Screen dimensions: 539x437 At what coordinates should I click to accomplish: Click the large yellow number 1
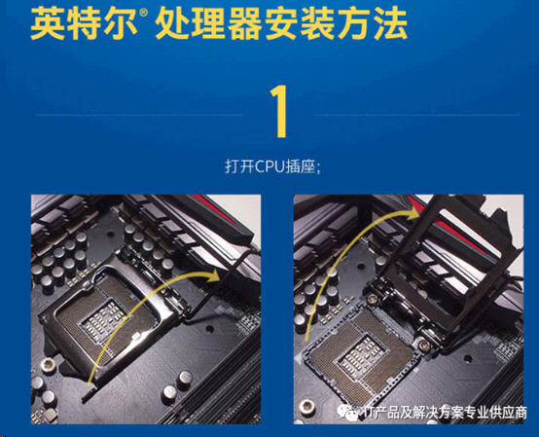[280, 112]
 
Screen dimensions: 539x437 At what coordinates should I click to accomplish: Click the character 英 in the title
[48, 23]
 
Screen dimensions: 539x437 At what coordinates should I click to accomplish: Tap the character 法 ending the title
[390, 23]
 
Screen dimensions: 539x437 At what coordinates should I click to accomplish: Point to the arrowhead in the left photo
[213, 275]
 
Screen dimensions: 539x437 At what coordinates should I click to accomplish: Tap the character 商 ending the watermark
[520, 412]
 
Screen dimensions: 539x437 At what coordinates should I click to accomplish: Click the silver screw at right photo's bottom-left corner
[305, 406]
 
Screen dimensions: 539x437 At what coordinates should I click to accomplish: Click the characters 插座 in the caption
[304, 166]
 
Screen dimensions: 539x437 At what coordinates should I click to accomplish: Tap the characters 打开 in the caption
[239, 166]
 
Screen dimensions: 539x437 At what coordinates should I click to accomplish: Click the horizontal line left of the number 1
[139, 115]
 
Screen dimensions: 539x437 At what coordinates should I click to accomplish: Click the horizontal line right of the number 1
[417, 115]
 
